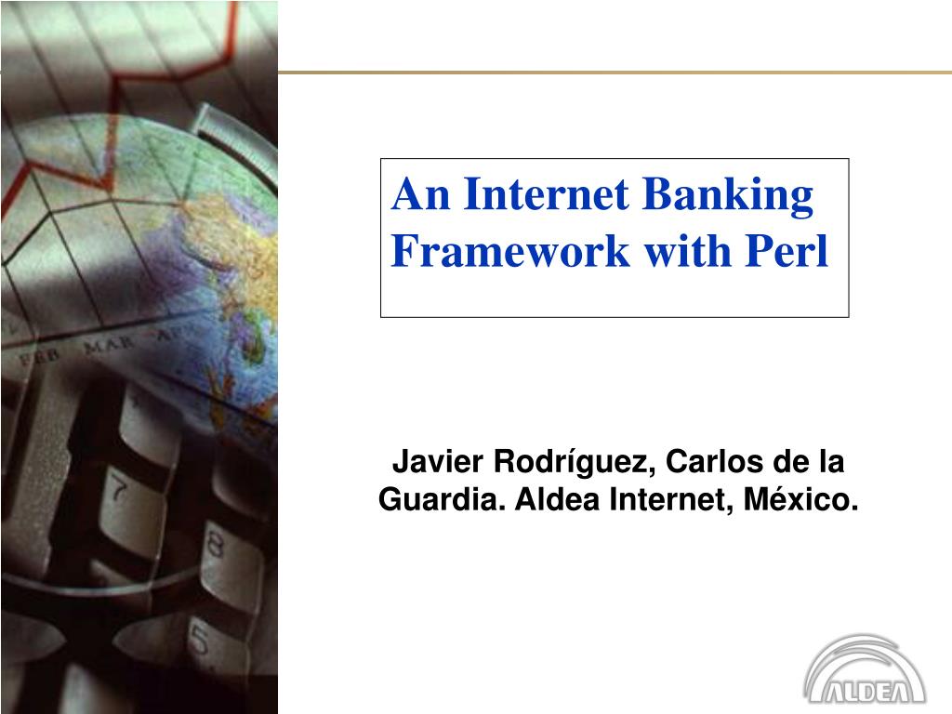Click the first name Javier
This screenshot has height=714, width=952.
tap(435, 461)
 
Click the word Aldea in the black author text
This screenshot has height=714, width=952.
tap(553, 500)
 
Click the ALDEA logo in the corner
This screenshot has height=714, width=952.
tap(865, 671)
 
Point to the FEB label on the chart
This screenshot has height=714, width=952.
tap(41, 357)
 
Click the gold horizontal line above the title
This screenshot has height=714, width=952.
tap(614, 72)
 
